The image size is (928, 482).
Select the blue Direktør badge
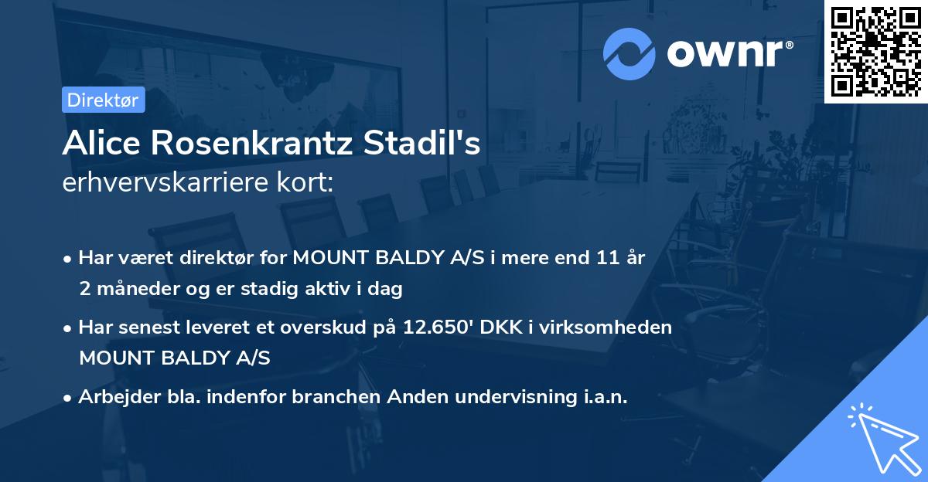pyautogui.click(x=103, y=100)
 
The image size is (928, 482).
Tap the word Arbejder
pyautogui.click(x=113, y=397)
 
